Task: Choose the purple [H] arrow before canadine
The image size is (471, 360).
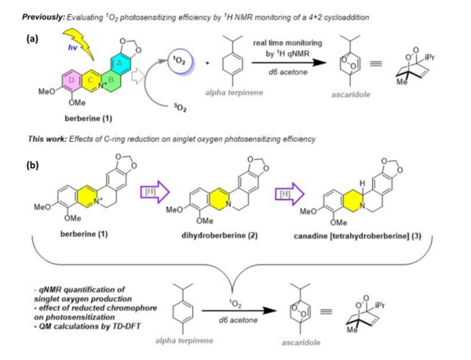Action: click(x=287, y=191)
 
